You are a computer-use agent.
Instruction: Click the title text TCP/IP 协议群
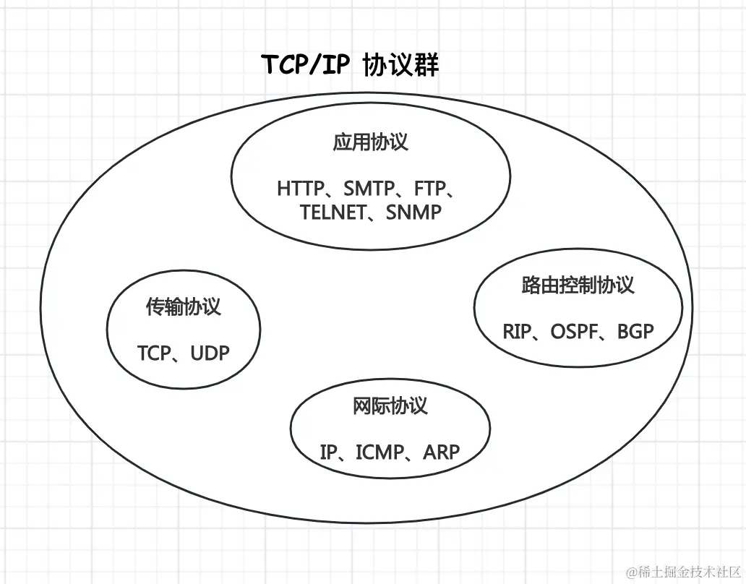click(x=349, y=66)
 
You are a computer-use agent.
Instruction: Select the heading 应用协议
click(x=370, y=142)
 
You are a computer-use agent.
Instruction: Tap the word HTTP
click(x=300, y=189)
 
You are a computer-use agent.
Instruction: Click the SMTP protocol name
click(x=369, y=189)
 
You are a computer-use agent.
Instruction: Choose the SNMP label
click(x=413, y=212)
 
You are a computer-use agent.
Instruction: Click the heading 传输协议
click(x=183, y=307)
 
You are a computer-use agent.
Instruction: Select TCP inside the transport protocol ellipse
click(x=154, y=353)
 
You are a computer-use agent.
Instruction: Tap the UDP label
click(x=210, y=353)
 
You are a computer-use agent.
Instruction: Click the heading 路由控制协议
click(x=578, y=285)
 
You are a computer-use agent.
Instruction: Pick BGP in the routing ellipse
click(x=635, y=332)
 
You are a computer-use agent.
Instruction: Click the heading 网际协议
click(x=390, y=406)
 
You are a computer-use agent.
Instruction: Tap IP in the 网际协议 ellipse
click(x=329, y=452)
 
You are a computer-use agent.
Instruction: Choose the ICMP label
click(x=380, y=452)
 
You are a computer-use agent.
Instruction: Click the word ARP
click(x=441, y=452)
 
